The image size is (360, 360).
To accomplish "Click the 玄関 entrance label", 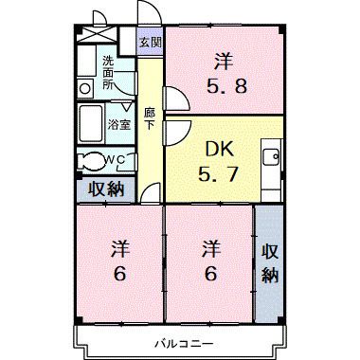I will coord(151,43).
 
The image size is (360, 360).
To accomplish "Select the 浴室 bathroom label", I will coord(118,124).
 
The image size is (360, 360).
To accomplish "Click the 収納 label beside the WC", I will coord(107,189).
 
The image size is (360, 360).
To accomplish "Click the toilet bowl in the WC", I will coord(92,159).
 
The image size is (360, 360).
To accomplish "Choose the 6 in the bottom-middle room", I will coord(210,276).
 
